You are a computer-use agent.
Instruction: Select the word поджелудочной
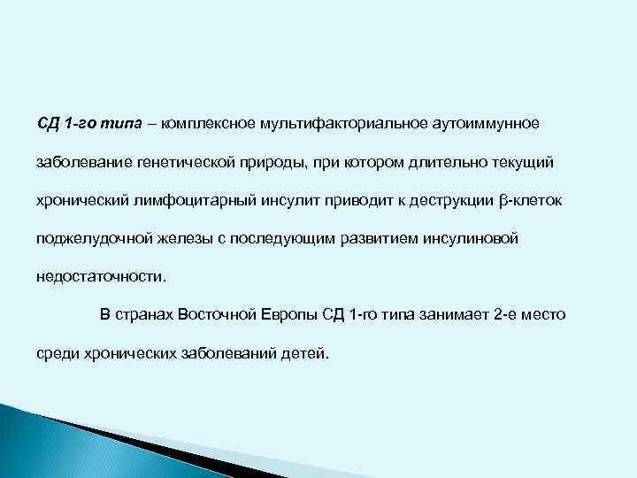click(x=87, y=239)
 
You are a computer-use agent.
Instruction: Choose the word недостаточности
click(x=100, y=277)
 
